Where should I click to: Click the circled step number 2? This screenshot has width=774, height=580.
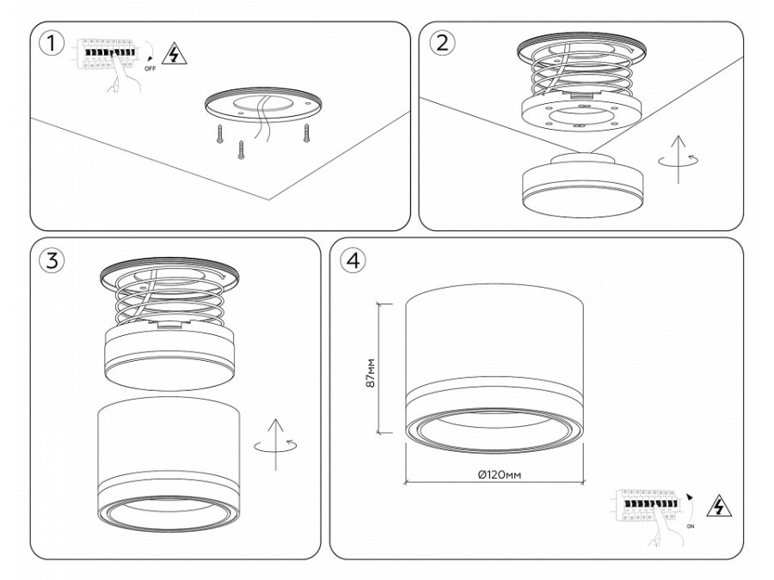[441, 44]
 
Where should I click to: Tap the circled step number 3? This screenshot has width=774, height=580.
[54, 261]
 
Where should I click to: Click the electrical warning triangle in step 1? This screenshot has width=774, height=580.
[176, 53]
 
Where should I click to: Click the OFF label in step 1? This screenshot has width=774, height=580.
[150, 65]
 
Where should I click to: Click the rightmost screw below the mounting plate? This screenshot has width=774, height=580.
[305, 133]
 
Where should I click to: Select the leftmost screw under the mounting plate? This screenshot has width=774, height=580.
[221, 133]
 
